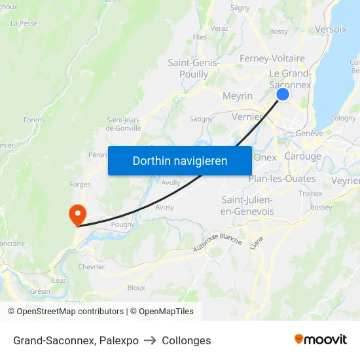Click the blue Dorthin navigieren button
180,160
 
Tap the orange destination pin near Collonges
77,214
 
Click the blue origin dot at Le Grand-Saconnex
283,94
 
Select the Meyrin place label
238,96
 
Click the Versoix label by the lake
331,29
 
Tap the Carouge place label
303,156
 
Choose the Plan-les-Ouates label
282,179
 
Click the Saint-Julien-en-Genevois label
247,206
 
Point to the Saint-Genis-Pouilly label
193,69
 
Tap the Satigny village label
201,119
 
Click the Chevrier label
92,266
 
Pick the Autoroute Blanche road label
217,242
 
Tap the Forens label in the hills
34,120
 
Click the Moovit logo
320,339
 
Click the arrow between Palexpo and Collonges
150,340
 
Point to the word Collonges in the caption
187,340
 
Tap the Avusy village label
165,207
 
